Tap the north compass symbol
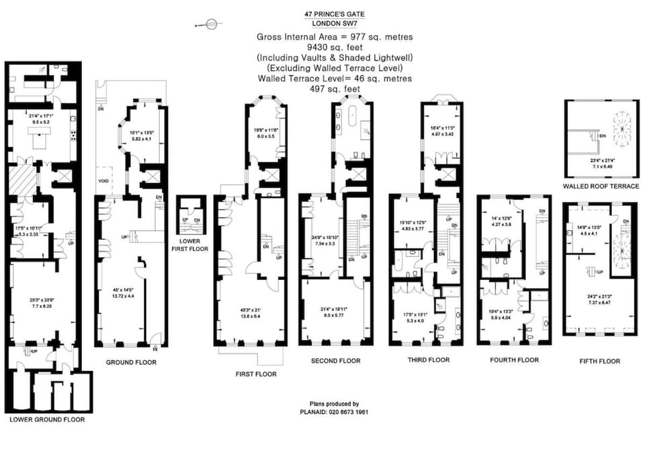pyautogui.click(x=210, y=25)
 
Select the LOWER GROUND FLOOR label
pyautogui.click(x=47, y=419)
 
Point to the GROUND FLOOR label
pyautogui.click(x=131, y=362)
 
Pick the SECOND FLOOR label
pyautogui.click(x=335, y=361)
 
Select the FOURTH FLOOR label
pyautogui.click(x=515, y=360)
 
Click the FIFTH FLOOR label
pyautogui.click(x=599, y=361)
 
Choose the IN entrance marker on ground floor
pyautogui.click(x=156, y=349)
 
